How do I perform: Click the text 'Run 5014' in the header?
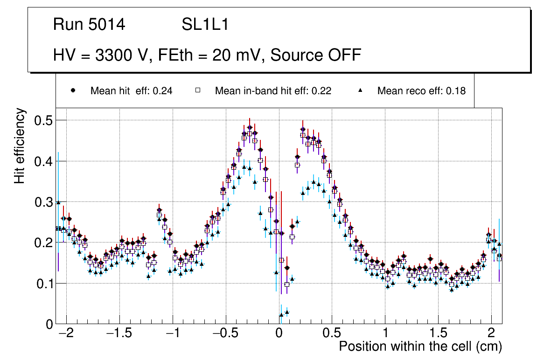coord(89,25)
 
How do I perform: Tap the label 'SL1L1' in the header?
coord(205,25)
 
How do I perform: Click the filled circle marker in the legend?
coord(73,90)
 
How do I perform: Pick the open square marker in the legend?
coord(197,90)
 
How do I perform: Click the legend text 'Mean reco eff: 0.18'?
coord(421,91)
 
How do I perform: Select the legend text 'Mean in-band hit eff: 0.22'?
coord(273,91)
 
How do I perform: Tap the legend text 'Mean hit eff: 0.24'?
coord(131,91)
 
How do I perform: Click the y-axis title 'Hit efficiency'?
coord(20,145)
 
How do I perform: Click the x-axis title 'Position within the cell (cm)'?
coord(420,346)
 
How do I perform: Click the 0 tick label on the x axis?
coord(279,334)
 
